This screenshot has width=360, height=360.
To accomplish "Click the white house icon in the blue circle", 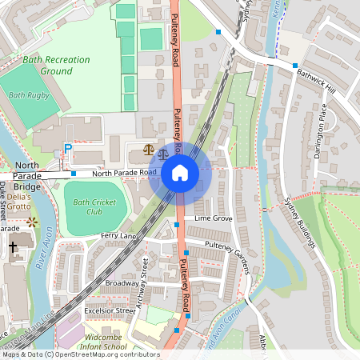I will coord(179,173).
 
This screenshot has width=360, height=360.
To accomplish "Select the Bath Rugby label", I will coord(29,95).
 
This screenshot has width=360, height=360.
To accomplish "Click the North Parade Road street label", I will coord(124,172).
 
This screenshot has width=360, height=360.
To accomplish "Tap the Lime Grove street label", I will coord(213,218).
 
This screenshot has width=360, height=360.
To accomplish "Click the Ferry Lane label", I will coord(120,236).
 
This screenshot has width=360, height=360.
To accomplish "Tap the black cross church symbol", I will coord(14,249).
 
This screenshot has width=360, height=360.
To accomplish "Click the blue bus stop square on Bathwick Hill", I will coord(294,65).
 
